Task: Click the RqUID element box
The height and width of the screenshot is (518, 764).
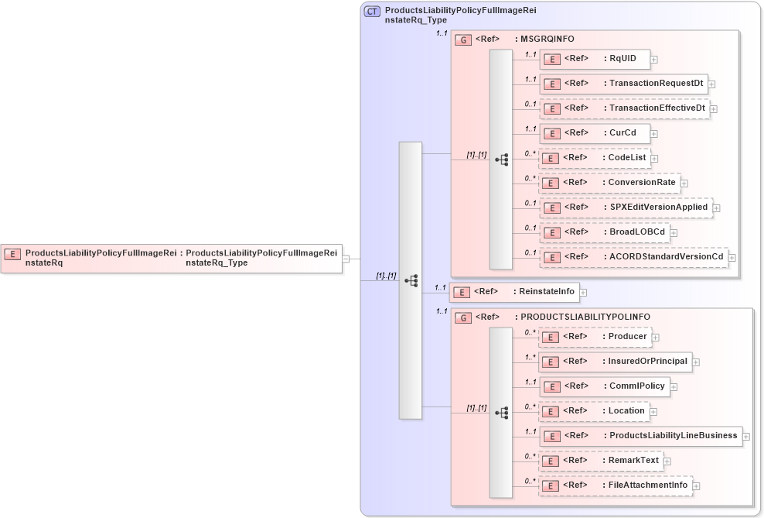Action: (x=595, y=59)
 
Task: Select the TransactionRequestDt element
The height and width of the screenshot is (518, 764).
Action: (x=623, y=84)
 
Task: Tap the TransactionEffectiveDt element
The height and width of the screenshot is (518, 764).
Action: (x=625, y=108)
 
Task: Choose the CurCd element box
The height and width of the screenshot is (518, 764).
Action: (x=595, y=133)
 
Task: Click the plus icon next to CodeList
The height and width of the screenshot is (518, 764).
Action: (x=654, y=159)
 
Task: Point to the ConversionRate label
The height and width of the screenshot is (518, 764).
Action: (x=643, y=183)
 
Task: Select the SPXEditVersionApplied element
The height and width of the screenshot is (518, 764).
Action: (x=626, y=208)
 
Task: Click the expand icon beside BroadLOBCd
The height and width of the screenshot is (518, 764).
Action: (x=674, y=232)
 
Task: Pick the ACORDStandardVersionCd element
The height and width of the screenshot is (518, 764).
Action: (x=633, y=257)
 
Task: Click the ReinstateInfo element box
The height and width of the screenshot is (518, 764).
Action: (x=514, y=292)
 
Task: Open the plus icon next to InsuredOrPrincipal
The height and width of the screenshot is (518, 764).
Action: (x=696, y=362)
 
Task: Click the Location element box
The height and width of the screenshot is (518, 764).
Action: (x=594, y=411)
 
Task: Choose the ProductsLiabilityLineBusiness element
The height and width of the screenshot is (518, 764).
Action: (x=640, y=436)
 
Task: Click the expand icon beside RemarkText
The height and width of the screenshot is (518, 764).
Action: (x=667, y=461)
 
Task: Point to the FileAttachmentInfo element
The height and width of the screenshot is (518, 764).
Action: (x=616, y=485)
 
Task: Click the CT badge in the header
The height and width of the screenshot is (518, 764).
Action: (x=372, y=12)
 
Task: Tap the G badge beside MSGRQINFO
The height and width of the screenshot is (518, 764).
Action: (x=463, y=39)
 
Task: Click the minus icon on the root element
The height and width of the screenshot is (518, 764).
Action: (x=346, y=259)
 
